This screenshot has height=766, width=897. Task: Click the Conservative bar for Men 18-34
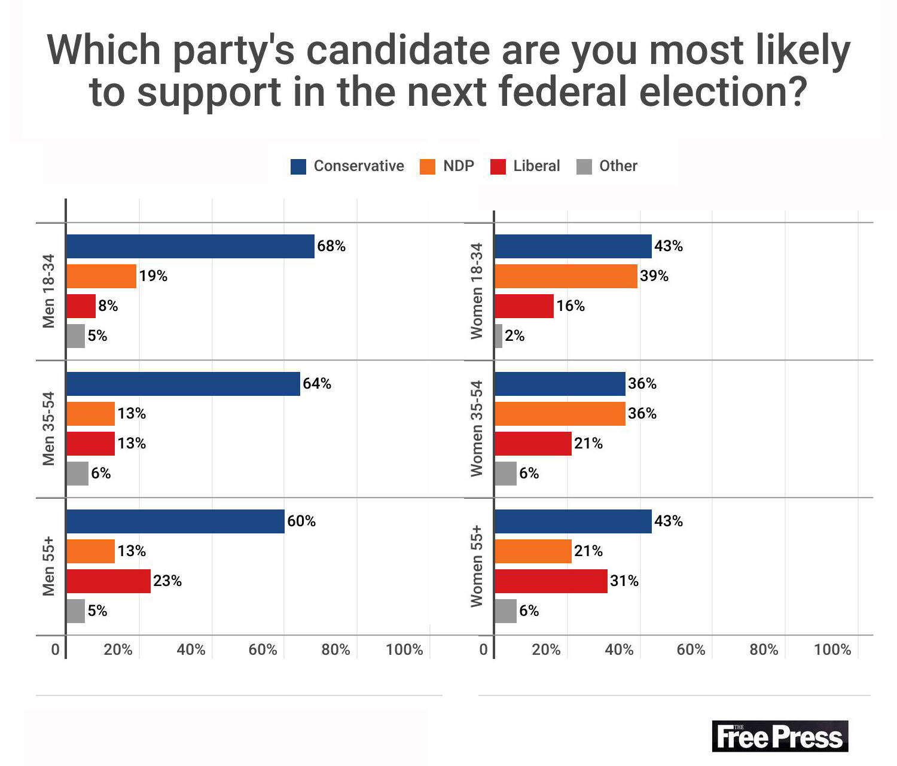(190, 246)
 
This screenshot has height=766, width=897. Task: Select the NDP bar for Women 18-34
(566, 276)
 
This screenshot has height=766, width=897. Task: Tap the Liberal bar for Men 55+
(108, 581)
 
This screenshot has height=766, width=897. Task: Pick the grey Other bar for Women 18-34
(499, 336)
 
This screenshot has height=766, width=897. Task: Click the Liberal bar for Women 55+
(551, 581)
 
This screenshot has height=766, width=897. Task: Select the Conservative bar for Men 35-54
(183, 384)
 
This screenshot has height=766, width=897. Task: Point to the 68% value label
(331, 246)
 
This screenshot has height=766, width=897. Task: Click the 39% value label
(654, 276)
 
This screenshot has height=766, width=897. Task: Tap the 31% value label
(624, 581)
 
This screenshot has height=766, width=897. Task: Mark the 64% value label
(317, 384)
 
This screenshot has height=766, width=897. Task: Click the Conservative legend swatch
(298, 166)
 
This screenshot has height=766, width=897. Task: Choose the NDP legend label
(459, 166)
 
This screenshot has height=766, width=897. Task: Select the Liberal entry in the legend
(536, 166)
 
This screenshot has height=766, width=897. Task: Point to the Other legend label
(618, 166)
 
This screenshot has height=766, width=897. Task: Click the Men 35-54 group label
(48, 428)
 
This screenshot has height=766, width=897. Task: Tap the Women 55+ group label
(477, 566)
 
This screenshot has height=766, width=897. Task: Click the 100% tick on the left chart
(404, 650)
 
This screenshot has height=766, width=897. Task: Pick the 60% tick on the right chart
(691, 650)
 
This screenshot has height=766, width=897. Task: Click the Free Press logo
(780, 737)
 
